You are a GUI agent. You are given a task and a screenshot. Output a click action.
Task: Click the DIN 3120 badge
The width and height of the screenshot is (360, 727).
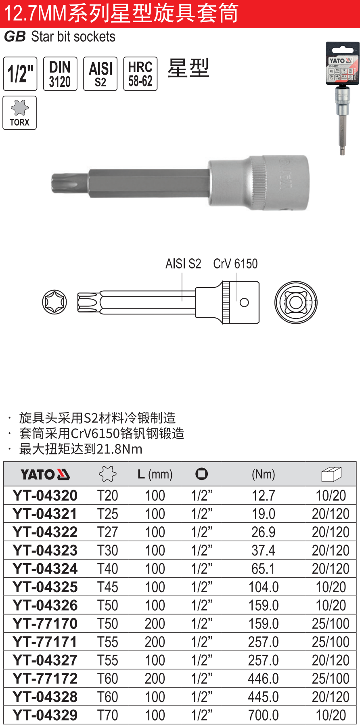point(60,74)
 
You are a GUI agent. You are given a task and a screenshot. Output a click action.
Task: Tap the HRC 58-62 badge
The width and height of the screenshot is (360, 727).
point(140,74)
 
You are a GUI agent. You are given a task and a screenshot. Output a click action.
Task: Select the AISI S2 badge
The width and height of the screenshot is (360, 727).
point(100,74)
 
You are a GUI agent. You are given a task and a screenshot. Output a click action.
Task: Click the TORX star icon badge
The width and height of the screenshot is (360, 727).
point(20,113)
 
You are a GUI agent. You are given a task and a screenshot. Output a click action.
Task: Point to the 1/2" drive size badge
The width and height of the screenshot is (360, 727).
point(20,74)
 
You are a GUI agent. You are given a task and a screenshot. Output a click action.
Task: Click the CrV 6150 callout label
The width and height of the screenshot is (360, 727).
point(235,264)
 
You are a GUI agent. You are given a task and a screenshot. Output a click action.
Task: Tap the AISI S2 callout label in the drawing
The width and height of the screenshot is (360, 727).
point(183,264)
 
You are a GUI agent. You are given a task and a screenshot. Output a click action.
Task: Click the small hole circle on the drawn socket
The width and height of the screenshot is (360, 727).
point(244,302)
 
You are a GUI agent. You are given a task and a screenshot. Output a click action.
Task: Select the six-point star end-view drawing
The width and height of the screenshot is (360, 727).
point(54,302)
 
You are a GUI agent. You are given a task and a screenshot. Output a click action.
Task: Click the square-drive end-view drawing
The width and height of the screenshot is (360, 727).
point(296,302)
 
